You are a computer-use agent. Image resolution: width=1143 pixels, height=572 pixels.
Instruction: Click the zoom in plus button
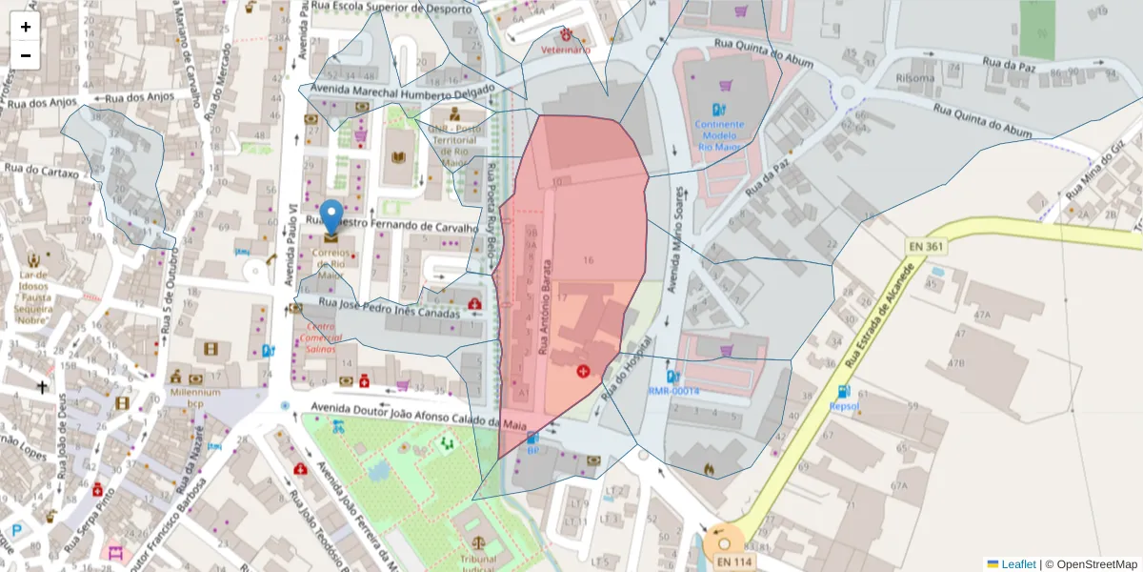[26, 27]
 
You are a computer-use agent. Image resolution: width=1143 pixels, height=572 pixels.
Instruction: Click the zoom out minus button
[26, 55]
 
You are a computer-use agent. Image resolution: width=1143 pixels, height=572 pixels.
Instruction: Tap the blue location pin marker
[331, 216]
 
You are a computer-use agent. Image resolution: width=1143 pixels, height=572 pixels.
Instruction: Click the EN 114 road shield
[734, 562]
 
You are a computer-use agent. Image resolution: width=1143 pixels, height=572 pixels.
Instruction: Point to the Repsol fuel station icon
[843, 391]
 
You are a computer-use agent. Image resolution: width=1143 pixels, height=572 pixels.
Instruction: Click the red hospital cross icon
[582, 369]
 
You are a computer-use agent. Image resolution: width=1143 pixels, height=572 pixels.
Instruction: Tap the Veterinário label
[566, 49]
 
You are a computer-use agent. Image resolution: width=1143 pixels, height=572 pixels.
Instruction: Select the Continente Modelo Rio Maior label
[726, 135]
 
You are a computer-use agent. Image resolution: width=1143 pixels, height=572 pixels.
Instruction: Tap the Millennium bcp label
[195, 398]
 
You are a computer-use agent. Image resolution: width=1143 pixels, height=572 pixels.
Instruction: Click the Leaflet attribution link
[1018, 564]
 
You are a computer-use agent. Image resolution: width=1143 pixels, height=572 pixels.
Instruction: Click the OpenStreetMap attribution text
[1091, 564]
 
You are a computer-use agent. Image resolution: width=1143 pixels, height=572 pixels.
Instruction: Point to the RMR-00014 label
[673, 391]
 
